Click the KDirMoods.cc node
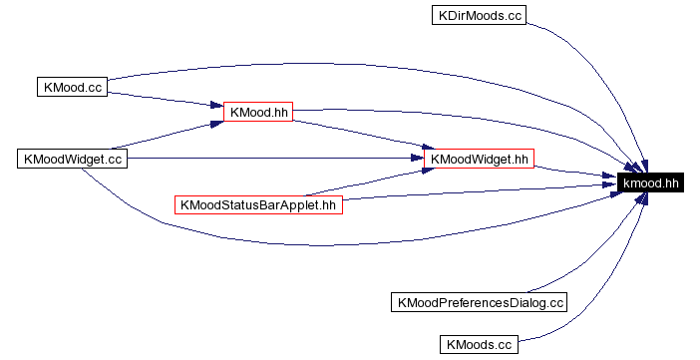tap(479, 16)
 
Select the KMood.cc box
tap(72, 87)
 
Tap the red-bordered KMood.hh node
tap(257, 112)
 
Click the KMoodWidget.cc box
tap(73, 159)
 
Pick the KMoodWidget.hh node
tap(480, 159)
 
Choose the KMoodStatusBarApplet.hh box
tap(258, 205)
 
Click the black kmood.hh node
tap(650, 182)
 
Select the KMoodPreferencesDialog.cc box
tap(480, 301)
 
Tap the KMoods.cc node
tap(479, 345)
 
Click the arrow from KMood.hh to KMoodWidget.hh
tap(359, 136)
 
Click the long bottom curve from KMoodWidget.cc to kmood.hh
tap(299, 243)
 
